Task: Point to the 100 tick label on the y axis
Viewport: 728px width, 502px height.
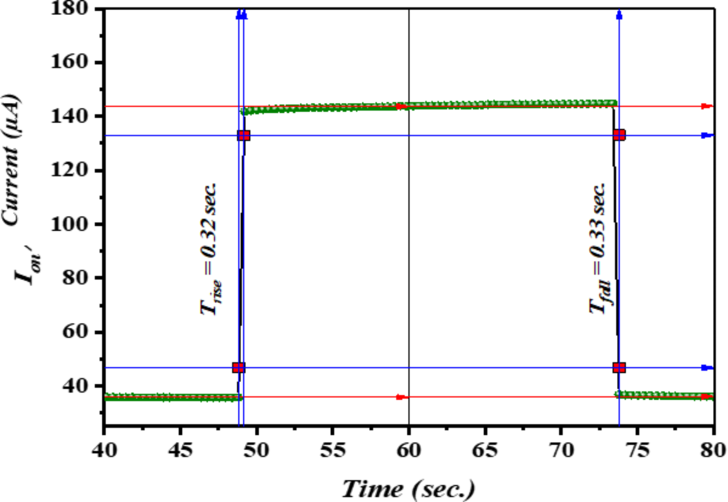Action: click(x=70, y=224)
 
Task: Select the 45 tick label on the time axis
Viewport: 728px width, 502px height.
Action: click(x=180, y=449)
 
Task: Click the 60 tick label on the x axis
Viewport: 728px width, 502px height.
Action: click(x=409, y=449)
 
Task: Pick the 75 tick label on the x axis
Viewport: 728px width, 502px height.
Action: click(x=637, y=449)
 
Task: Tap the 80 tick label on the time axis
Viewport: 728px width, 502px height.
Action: click(x=713, y=449)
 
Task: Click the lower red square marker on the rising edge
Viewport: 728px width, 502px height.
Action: click(x=239, y=367)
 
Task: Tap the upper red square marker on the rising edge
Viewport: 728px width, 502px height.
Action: click(x=243, y=136)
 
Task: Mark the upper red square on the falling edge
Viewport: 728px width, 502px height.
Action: click(x=619, y=135)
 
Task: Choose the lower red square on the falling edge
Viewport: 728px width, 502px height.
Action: click(x=619, y=367)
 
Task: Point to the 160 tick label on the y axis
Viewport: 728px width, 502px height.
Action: click(x=70, y=62)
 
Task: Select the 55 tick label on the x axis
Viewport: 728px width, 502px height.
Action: click(x=333, y=449)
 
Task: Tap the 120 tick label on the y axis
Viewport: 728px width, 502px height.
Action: click(x=70, y=170)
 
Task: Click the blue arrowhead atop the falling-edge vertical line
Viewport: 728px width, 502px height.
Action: click(x=619, y=15)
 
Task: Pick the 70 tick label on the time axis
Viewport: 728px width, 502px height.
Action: click(x=561, y=449)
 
